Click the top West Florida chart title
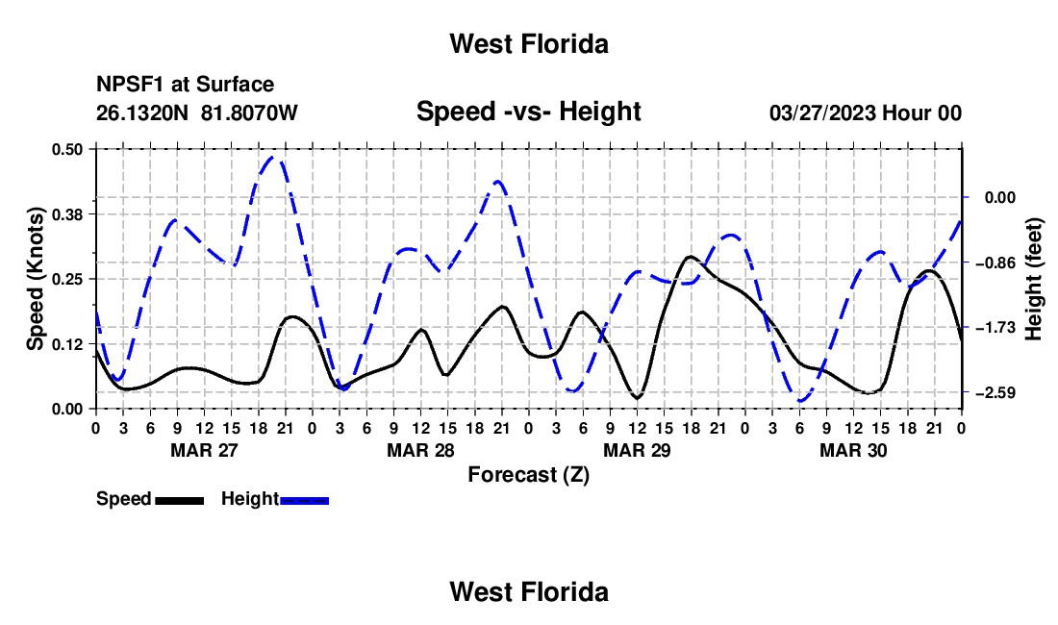click(x=529, y=44)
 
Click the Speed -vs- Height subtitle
click(x=528, y=112)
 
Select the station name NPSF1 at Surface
click(x=185, y=85)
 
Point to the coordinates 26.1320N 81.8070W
click(x=196, y=112)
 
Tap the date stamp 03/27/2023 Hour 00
click(x=865, y=112)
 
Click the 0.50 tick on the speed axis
click(x=66, y=149)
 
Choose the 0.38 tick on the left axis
click(x=66, y=214)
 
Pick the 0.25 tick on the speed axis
click(x=66, y=279)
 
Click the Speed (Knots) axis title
click(x=35, y=279)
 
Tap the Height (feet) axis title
click(x=1034, y=279)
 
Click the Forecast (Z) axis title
click(x=528, y=475)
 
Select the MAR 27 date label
click(x=205, y=450)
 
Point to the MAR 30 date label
click(x=853, y=450)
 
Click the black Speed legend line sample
click(x=180, y=500)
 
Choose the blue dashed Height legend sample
click(x=304, y=500)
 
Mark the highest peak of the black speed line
click(x=689, y=257)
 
